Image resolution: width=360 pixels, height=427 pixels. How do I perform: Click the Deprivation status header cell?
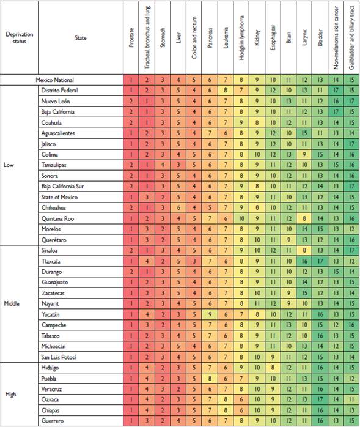tap(19, 38)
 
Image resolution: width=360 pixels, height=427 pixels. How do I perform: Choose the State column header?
tap(80, 38)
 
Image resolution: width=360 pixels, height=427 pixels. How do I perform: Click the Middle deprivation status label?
tap(15, 303)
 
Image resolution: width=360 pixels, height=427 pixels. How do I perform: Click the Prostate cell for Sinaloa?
tap(131, 250)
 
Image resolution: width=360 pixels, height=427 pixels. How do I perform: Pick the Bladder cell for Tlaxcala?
tap(320, 261)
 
